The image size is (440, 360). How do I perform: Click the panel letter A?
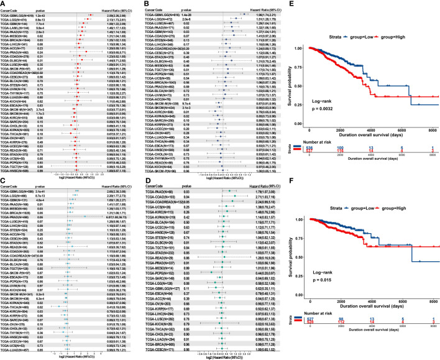(4, 4)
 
